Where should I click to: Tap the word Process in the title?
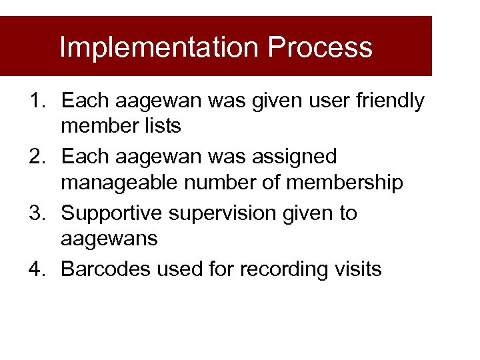coord(320,47)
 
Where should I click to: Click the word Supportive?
coord(114,213)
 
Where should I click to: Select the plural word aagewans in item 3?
coord(109,239)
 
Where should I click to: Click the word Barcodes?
coord(107,269)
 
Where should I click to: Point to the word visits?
coord(359,269)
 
